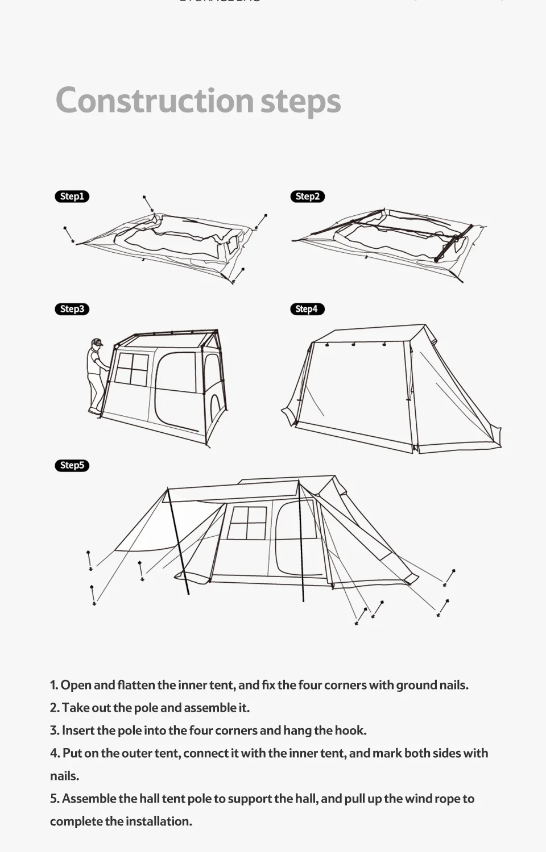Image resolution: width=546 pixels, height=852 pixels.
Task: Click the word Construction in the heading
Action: [154, 101]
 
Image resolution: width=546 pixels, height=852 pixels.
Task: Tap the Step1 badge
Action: [72, 197]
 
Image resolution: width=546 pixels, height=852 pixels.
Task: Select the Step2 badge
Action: [308, 197]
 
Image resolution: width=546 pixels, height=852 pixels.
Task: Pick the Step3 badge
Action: [72, 309]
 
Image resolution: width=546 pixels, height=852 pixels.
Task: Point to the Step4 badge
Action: [307, 309]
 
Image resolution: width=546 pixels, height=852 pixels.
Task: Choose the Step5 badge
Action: [72, 465]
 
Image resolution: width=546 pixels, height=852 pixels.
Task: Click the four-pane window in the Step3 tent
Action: [131, 368]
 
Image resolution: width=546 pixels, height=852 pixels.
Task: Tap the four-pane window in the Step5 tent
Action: [247, 523]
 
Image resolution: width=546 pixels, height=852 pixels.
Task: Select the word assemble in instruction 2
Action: [209, 708]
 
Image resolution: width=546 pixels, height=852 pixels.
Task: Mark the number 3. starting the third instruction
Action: [55, 730]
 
